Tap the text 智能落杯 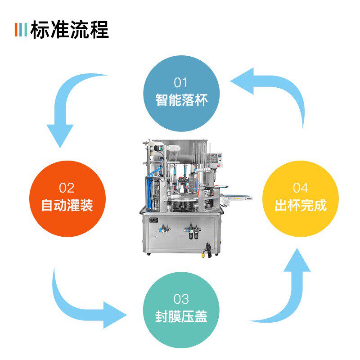point(181,99)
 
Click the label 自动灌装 point(67,205)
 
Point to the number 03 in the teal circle point(181,299)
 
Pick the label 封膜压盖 point(181,316)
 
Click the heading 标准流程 point(70,30)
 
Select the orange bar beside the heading point(16,30)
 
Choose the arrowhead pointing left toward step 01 point(243,81)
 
